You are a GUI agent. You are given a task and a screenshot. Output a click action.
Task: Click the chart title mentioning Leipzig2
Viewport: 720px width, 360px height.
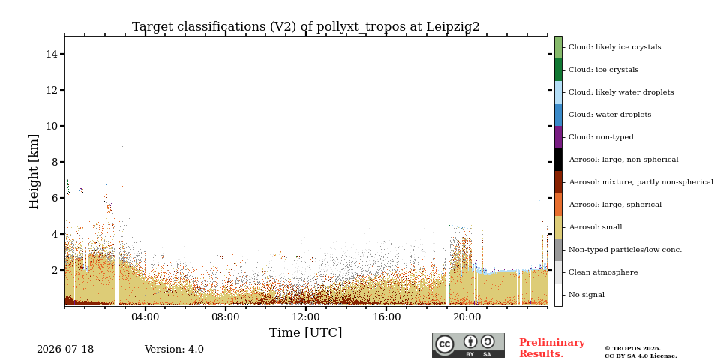306,27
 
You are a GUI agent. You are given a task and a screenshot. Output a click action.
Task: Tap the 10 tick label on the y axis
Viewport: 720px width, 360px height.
52,126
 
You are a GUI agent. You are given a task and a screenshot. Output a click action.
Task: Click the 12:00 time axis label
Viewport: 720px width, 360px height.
306,317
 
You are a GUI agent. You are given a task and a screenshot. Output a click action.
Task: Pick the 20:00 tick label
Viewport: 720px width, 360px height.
466,317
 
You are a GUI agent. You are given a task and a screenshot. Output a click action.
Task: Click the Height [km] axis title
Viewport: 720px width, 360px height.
34,172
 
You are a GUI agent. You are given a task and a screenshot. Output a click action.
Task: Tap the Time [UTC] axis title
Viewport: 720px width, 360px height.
306,332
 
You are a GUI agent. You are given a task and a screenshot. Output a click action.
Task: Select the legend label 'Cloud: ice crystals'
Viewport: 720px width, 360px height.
603,70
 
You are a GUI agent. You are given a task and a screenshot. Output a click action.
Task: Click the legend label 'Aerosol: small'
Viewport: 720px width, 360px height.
595,227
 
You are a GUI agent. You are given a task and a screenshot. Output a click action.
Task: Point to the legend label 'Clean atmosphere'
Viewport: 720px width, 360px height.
603,272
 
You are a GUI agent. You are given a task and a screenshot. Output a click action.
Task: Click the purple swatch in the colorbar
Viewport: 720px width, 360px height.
558,137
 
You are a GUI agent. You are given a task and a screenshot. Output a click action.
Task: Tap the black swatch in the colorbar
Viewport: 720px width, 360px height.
558,160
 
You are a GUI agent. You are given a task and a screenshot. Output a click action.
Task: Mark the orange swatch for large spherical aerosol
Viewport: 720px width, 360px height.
558,205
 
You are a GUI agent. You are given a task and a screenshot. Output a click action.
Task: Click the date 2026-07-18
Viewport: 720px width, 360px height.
65,349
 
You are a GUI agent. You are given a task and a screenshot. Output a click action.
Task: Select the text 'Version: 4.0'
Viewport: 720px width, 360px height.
174,349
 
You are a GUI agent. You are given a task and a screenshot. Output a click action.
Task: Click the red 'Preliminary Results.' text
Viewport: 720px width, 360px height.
552,348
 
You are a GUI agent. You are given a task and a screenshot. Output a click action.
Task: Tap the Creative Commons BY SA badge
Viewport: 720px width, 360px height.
468,345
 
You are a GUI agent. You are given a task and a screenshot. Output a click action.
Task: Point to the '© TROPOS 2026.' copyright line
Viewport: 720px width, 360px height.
633,349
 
